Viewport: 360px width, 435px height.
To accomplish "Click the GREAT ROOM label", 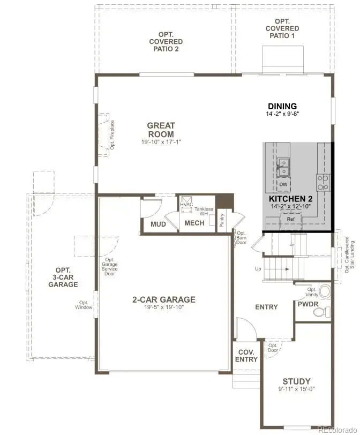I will (x=161, y=130).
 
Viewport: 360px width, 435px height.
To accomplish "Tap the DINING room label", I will (x=282, y=106).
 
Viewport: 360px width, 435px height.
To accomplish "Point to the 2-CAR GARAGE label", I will (x=164, y=299).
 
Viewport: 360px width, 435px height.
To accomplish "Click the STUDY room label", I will (x=297, y=381).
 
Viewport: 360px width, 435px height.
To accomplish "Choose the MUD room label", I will (x=157, y=223).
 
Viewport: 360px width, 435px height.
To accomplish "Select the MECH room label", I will (x=194, y=223).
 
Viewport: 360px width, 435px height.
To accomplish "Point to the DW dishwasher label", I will (x=283, y=184).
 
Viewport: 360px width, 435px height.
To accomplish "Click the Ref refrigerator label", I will (x=290, y=219).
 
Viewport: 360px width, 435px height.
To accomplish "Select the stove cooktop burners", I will (x=324, y=183).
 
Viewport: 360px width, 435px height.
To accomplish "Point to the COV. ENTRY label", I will (x=246, y=356).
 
